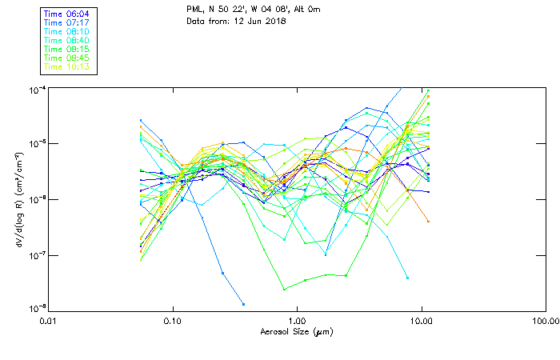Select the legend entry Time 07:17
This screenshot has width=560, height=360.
pos(66,23)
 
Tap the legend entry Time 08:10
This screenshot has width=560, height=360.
pos(66,32)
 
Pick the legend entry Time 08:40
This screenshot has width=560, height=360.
pos(66,41)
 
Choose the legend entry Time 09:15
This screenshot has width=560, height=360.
pos(66,50)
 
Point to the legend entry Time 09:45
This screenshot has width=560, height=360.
pos(66,58)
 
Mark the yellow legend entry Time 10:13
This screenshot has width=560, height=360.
pos(66,67)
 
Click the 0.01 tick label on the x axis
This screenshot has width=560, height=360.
pos(49,322)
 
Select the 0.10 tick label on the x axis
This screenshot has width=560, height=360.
pos(173,322)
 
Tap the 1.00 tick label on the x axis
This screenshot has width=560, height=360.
pos(298,322)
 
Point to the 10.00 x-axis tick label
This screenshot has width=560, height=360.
pos(421,322)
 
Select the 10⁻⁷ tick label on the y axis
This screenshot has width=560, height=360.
pos(37,255)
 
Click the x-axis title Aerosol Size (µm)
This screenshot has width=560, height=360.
pos(297,331)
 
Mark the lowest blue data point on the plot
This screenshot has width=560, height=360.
pos(243,304)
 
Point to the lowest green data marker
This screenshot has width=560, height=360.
pos(284,289)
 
